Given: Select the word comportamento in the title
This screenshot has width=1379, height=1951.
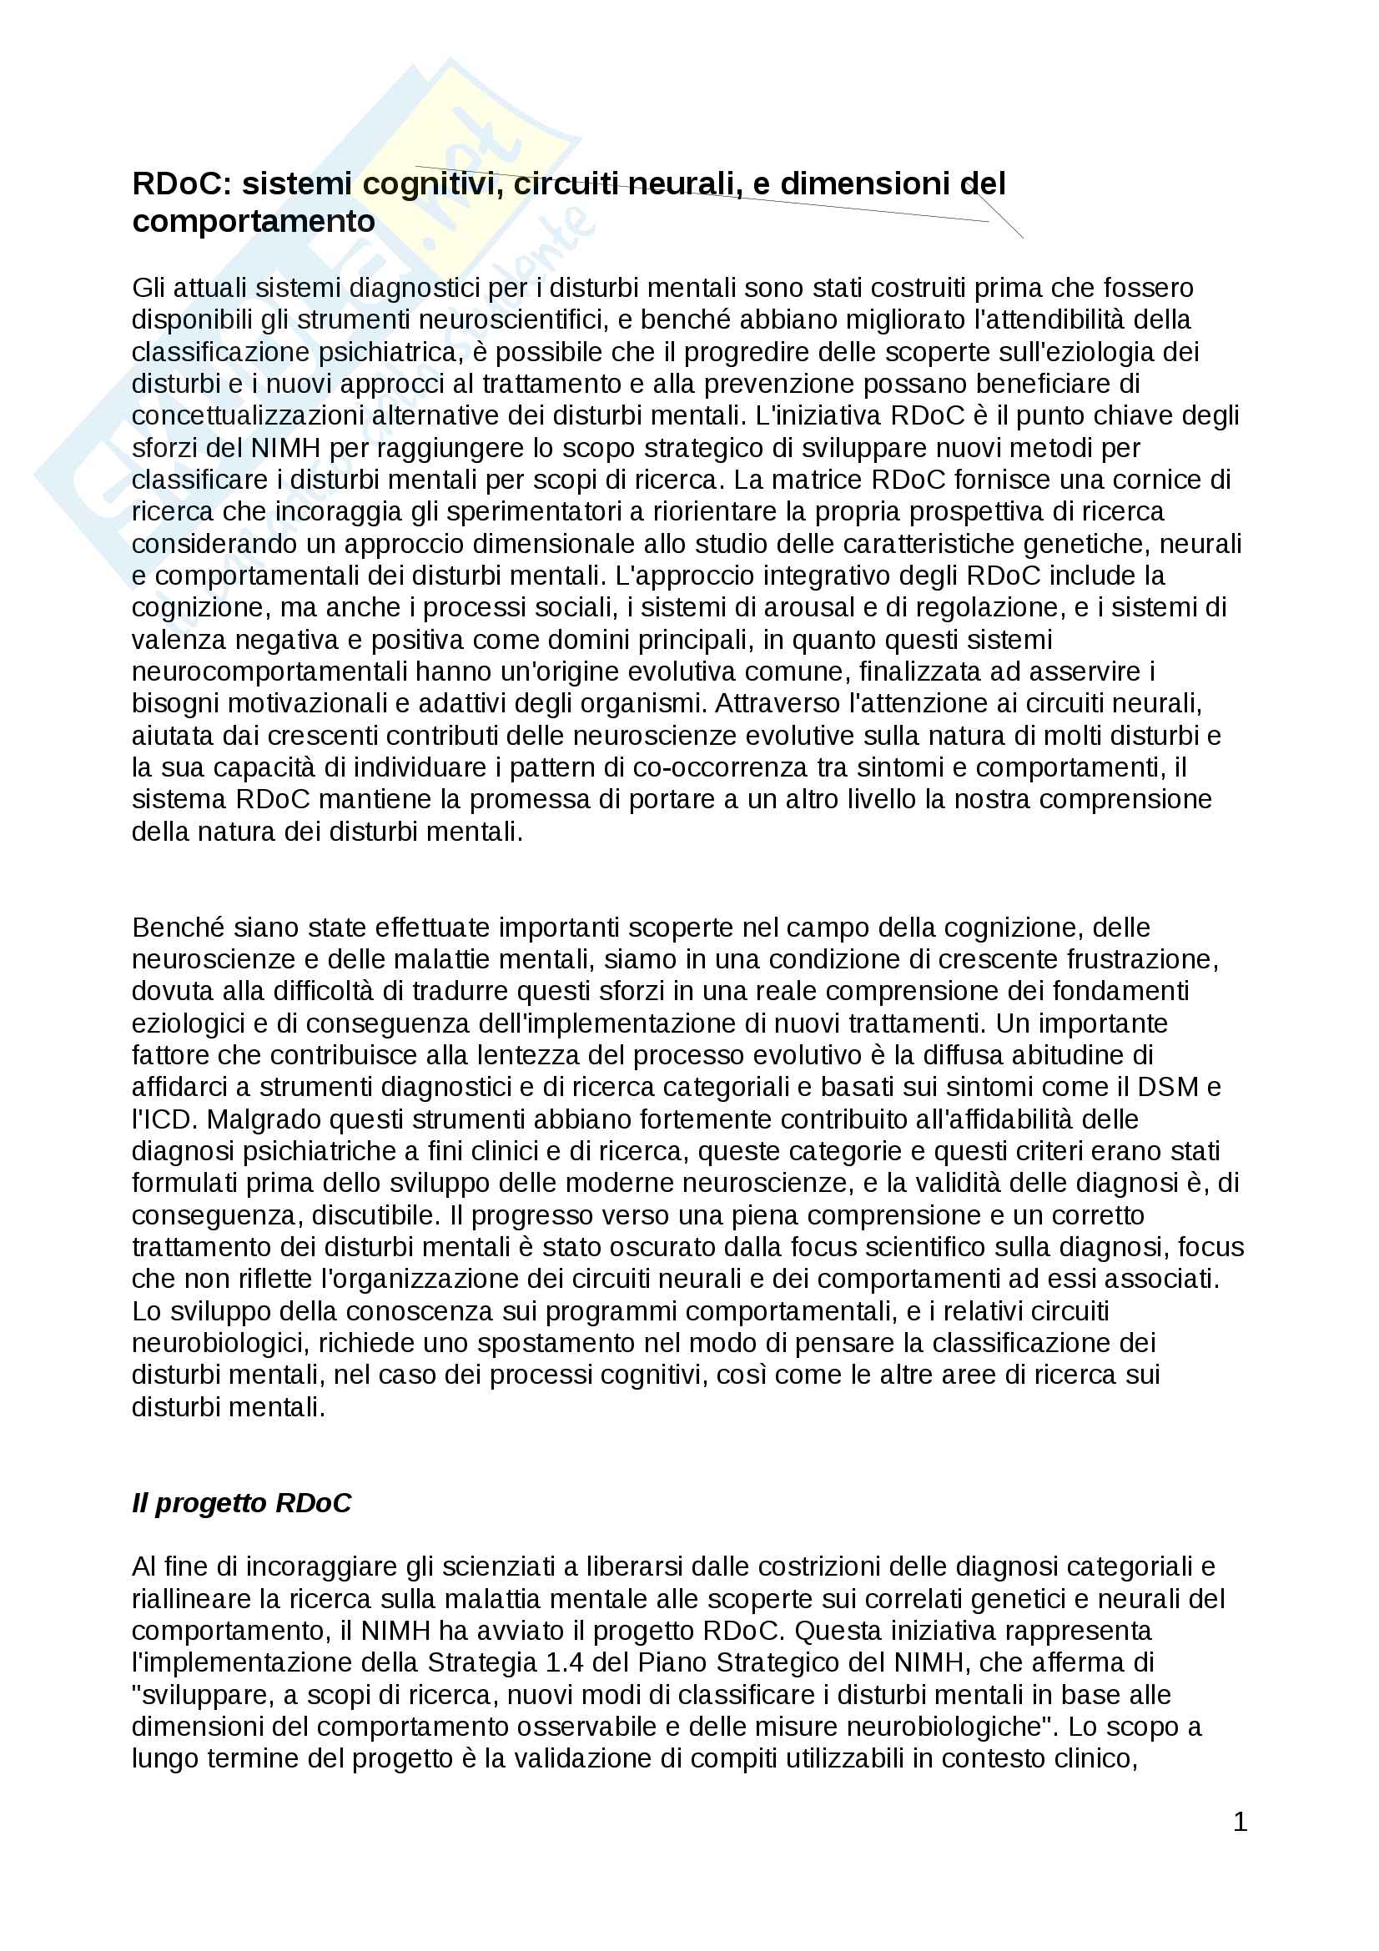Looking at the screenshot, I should [x=254, y=222].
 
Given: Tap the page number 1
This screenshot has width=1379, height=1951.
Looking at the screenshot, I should [x=1240, y=1821].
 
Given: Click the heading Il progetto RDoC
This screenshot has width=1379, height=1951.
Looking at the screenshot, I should [x=241, y=1502].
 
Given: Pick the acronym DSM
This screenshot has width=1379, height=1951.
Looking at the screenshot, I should [x=1167, y=1087].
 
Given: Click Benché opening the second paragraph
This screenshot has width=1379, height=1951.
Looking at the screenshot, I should [x=179, y=927].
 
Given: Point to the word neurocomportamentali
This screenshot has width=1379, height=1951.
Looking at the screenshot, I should [x=269, y=671].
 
